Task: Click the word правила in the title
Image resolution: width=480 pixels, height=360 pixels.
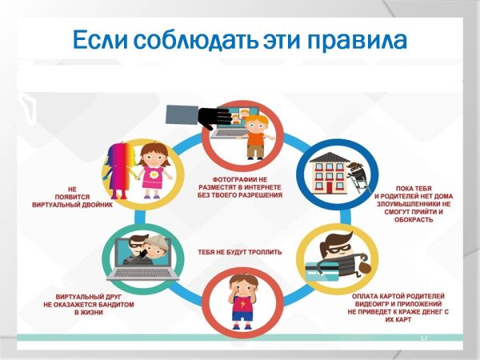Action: [x=355, y=39]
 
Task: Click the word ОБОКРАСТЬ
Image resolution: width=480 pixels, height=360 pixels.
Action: [x=414, y=219]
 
